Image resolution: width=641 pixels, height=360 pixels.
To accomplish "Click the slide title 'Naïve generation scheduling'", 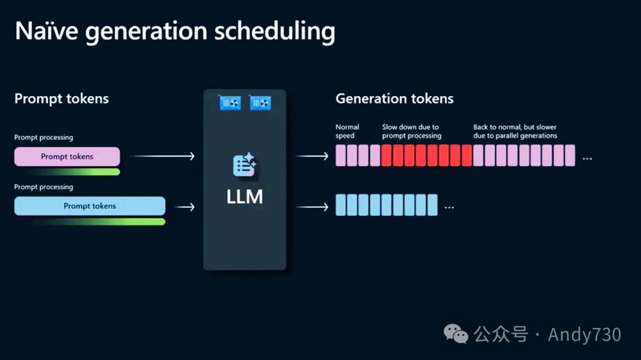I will point(174,31).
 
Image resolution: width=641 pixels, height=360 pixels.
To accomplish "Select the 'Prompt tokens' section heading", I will point(62,98).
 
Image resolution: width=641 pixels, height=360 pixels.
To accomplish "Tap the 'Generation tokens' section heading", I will point(394,98).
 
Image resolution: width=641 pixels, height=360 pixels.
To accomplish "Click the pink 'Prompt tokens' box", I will point(67,157).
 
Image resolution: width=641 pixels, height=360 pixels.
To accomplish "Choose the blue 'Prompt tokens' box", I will point(90,206).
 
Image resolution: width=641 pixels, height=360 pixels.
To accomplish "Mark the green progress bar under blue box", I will point(100,222).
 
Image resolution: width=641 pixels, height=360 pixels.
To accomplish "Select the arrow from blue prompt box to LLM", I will point(186,207).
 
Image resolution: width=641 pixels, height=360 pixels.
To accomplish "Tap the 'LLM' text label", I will point(245,197).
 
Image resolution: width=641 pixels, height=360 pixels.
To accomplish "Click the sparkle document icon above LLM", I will point(244,165).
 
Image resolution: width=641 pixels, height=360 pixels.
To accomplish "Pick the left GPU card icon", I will point(229,103).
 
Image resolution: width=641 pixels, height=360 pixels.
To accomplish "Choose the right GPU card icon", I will point(260,103).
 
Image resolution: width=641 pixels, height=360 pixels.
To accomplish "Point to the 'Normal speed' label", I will point(347,131).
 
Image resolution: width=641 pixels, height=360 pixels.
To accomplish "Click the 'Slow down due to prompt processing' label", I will point(411,131).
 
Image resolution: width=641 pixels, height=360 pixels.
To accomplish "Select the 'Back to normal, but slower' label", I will point(515,131).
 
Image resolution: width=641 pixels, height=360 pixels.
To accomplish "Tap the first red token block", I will point(386,155).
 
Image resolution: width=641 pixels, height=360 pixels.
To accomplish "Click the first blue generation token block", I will point(341,205).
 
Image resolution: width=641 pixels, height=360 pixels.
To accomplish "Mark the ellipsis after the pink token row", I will point(587,159).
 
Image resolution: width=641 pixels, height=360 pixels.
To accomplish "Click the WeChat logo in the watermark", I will point(456,334).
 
